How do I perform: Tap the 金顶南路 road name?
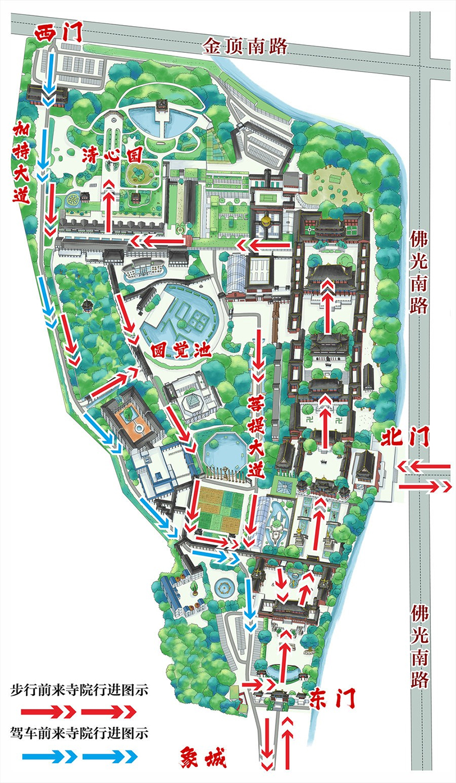[245, 46]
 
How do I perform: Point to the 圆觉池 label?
[181, 349]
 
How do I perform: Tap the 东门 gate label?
[333, 698]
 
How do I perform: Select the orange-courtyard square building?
[130, 419]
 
